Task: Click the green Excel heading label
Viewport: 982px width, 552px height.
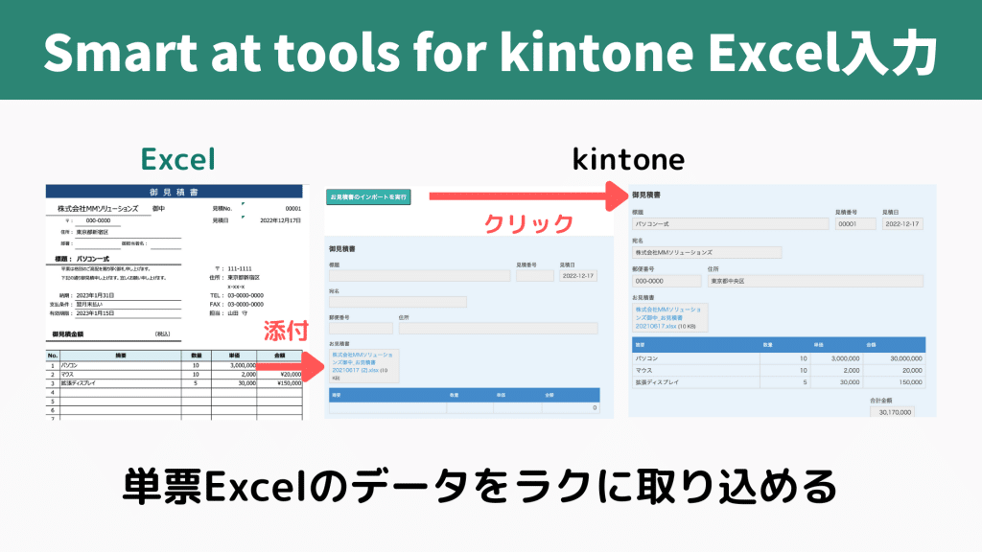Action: click(177, 158)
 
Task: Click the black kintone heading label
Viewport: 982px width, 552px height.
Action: click(628, 158)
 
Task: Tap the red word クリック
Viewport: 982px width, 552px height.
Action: click(528, 223)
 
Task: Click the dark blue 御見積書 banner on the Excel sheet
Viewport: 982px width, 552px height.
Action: click(175, 192)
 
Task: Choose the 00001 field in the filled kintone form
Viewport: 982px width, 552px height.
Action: click(854, 223)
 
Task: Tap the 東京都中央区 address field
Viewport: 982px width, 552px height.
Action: click(813, 281)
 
